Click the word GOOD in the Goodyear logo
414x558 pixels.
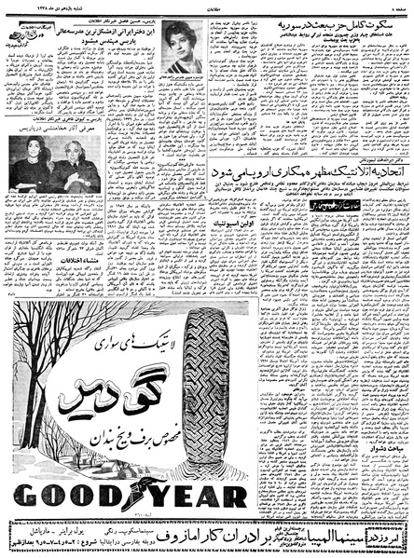pyautogui.click(x=70, y=493)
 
